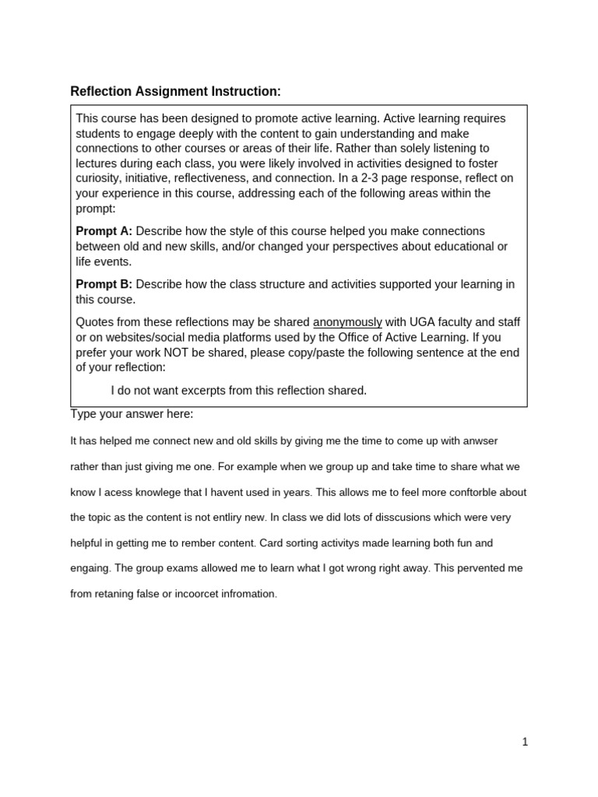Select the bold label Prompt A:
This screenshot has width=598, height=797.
(104, 231)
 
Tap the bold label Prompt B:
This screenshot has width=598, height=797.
(104, 284)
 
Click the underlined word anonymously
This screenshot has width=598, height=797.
(347, 322)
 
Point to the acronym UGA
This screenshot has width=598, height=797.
(398, 322)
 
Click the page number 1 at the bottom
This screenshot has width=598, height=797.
(526, 742)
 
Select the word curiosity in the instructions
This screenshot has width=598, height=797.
(100, 178)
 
